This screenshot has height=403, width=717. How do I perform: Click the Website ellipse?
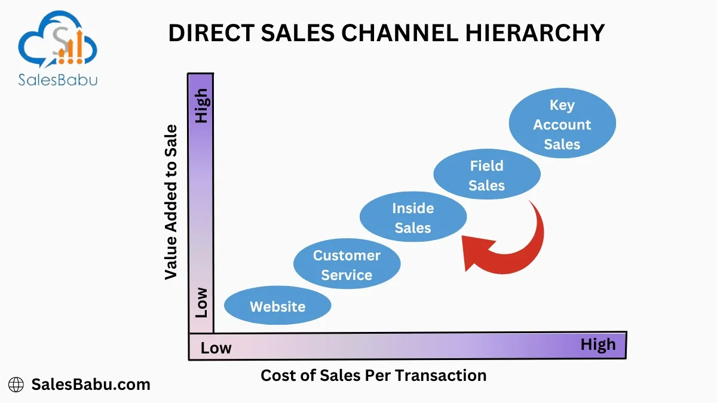coord(277,305)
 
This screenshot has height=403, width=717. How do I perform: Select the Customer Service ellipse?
coord(347,263)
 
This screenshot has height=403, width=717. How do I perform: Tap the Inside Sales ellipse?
coord(413,217)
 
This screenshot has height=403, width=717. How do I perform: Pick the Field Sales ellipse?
coord(487,174)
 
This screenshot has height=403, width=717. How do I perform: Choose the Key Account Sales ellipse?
coord(562,123)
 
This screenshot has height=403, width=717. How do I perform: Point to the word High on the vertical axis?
coord(203,106)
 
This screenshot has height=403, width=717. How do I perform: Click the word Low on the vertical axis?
coord(202,303)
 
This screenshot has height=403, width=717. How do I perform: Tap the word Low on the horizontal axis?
coord(216,348)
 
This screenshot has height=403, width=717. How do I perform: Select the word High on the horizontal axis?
coord(598,345)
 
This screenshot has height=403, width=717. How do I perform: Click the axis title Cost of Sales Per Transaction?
coord(373,376)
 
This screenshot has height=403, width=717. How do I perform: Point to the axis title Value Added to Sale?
coord(171,202)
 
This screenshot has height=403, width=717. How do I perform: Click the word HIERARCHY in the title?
coord(535,33)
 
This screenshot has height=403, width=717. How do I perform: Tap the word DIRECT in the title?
coord(212,33)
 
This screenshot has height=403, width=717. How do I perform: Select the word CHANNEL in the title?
coord(400,33)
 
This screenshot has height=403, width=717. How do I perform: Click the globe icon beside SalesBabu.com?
coord(16,384)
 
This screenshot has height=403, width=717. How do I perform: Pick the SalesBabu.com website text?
coord(91,384)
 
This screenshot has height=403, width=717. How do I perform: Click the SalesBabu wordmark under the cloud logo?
coord(57,79)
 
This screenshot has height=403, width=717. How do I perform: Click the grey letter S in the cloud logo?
coord(61,41)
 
